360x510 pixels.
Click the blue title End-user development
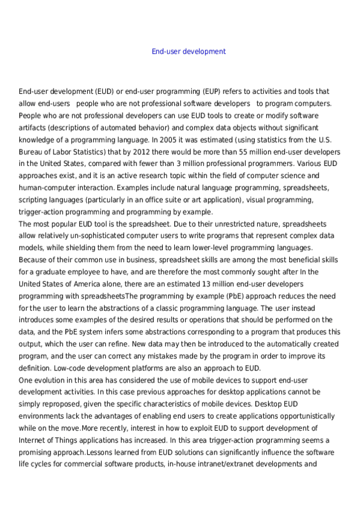tap(189, 52)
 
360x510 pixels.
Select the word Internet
tap(32, 440)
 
